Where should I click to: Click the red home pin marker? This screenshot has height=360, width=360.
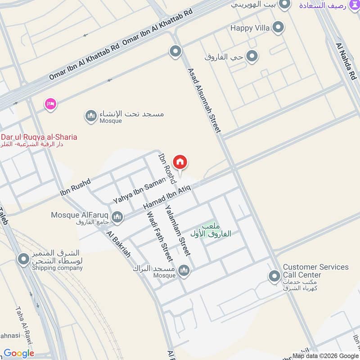(x=180, y=162)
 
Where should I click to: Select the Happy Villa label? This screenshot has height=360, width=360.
(x=250, y=28)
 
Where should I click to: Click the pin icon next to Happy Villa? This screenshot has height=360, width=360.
(x=279, y=27)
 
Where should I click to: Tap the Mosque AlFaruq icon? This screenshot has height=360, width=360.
(x=117, y=218)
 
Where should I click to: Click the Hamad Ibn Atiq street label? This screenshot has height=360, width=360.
(x=167, y=198)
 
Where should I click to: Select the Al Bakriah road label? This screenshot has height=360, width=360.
(x=119, y=244)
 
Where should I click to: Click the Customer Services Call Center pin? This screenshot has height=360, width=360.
(x=274, y=276)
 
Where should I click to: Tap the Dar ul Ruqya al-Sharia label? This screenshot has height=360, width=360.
(x=39, y=137)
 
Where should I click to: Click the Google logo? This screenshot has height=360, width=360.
(x=19, y=353)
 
